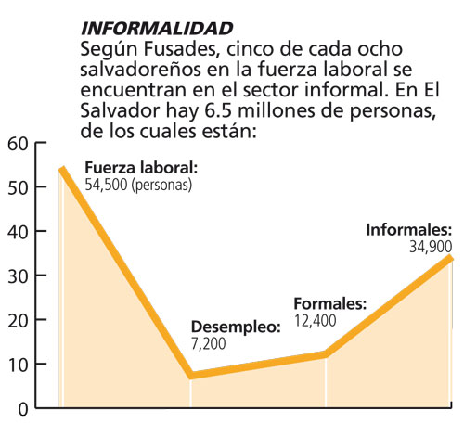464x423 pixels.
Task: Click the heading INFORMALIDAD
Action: (x=157, y=29)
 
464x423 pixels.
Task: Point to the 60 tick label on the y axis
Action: (x=18, y=144)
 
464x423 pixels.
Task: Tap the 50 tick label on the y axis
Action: (x=18, y=187)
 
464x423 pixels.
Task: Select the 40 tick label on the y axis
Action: (x=18, y=232)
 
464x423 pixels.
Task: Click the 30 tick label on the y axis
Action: (x=18, y=276)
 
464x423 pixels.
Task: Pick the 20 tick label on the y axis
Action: (x=18, y=321)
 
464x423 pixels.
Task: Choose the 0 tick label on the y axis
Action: (x=23, y=410)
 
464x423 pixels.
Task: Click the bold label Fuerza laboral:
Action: (x=141, y=168)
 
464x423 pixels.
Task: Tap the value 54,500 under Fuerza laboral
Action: (x=106, y=185)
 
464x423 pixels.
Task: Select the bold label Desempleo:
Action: (x=236, y=327)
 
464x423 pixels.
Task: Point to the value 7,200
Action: (x=209, y=343)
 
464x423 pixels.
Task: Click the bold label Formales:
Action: (x=330, y=303)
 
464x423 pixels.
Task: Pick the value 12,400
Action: (x=315, y=321)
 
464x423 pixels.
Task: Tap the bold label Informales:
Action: (x=409, y=230)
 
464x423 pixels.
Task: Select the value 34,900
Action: (x=431, y=247)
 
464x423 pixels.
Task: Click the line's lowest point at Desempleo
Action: (x=191, y=376)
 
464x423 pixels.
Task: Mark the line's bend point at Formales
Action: (x=326, y=354)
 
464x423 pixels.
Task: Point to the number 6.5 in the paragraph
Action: (x=218, y=110)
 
